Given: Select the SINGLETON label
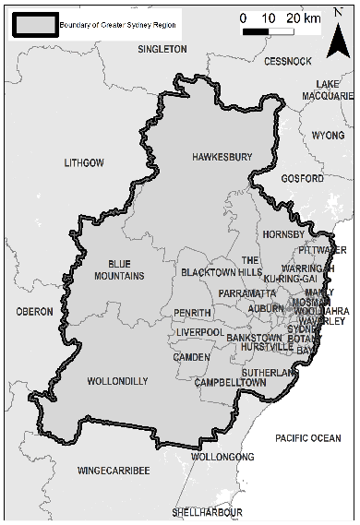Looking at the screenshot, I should click(x=162, y=49).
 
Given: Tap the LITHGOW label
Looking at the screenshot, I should click(x=84, y=162).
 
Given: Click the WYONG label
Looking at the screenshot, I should click(x=328, y=135).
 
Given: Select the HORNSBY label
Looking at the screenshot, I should click(x=282, y=234).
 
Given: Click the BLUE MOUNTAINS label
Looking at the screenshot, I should click(x=120, y=268).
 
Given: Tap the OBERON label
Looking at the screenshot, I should click(x=35, y=312).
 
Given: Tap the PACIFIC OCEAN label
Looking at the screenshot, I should click(x=307, y=437).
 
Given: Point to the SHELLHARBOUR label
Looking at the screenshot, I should click(x=208, y=511).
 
